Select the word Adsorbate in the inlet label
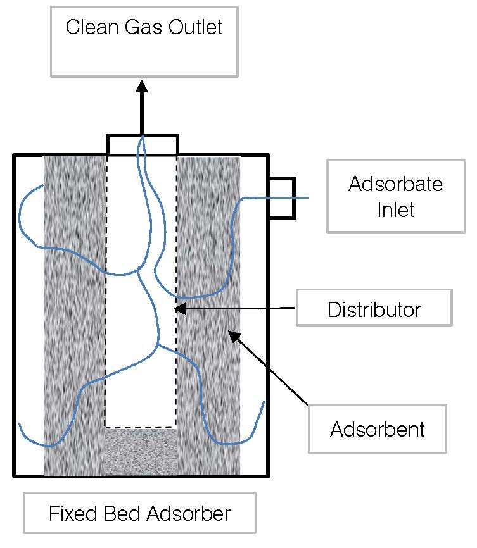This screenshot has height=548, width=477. click(396, 184)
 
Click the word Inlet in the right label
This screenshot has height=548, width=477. click(396, 209)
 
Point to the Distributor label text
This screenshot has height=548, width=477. click(374, 310)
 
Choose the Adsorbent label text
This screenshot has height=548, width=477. click(377, 430)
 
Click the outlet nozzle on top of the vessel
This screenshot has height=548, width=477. click(142, 144)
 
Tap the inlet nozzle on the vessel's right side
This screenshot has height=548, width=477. click(283, 199)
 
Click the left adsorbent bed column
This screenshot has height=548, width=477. click(73, 316)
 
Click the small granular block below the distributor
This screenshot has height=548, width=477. click(141, 452)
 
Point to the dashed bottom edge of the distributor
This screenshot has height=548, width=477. click(141, 427)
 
